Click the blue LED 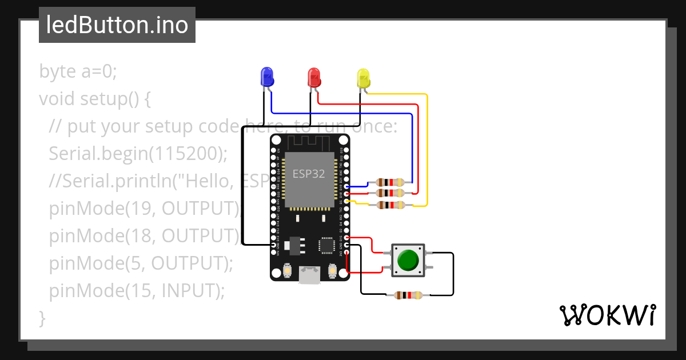tap(266, 77)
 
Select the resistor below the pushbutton tap(408, 295)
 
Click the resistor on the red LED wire tap(390, 193)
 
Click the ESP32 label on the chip tap(309, 174)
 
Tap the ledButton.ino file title tap(117, 25)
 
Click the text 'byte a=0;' tap(78, 71)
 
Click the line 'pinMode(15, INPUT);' tap(137, 291)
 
